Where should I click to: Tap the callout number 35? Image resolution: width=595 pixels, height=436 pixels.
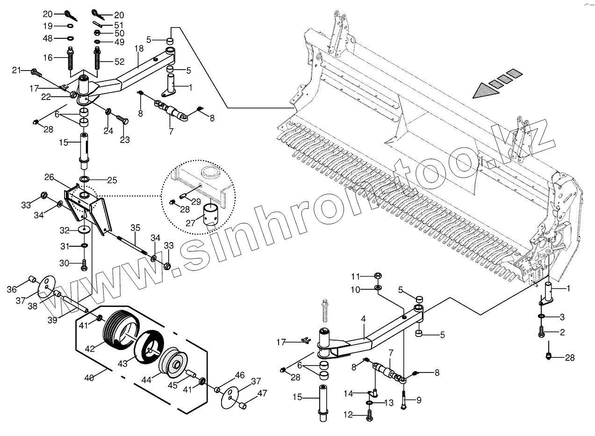(x=135, y=228)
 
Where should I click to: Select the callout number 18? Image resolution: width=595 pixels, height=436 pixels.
(x=139, y=49)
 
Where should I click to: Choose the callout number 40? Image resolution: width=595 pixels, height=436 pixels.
(x=89, y=378)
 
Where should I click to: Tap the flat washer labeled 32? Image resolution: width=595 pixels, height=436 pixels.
(x=85, y=230)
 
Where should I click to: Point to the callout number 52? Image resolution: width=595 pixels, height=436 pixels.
(x=119, y=62)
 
